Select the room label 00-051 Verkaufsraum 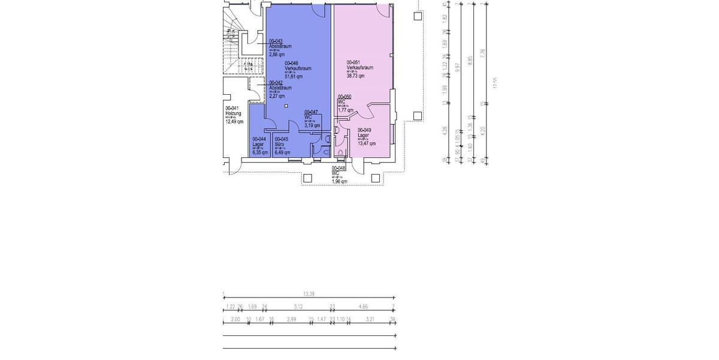[x=359, y=68]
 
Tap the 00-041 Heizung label [x=234, y=113]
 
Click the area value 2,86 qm [x=277, y=55]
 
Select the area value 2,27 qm [x=277, y=96]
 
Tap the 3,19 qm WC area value [x=312, y=126]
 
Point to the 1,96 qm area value [x=339, y=181]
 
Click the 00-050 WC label [x=345, y=100]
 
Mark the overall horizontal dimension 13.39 [x=309, y=294]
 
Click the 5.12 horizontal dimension [x=298, y=307]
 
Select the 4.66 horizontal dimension [x=363, y=307]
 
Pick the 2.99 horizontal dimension [x=292, y=319]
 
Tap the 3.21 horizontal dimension [x=370, y=319]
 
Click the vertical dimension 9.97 [x=458, y=68]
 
